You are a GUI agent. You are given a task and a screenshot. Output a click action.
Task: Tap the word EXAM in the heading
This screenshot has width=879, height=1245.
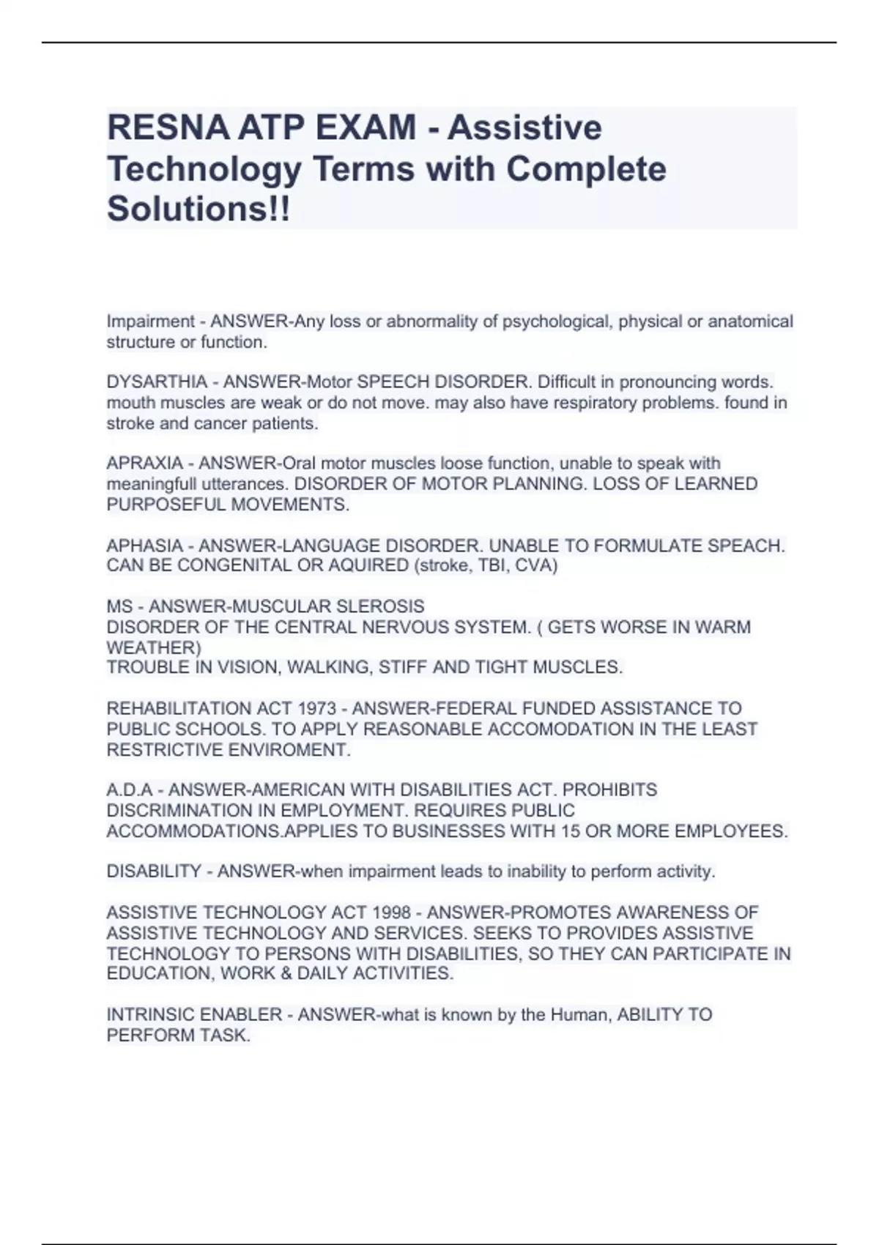pos(366,127)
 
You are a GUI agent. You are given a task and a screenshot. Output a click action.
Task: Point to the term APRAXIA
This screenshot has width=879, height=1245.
pos(144,464)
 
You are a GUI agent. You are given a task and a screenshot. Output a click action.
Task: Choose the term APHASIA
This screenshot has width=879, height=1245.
pos(144,546)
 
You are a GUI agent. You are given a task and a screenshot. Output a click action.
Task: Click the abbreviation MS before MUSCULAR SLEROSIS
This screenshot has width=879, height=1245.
pos(119,606)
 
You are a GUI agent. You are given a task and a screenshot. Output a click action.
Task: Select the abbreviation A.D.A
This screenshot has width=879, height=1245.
pos(130,790)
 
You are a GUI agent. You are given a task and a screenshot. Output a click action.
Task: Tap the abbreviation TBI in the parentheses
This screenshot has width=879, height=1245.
pos(513,565)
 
